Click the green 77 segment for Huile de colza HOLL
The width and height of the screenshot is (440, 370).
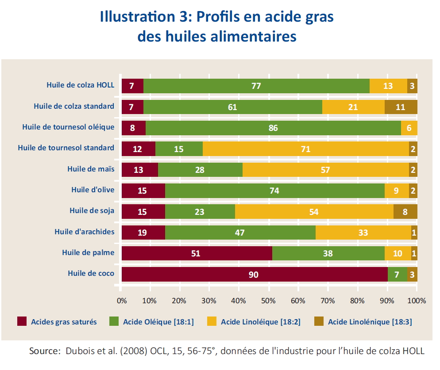coord(256,86)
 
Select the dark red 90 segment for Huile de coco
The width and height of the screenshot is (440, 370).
coord(254,275)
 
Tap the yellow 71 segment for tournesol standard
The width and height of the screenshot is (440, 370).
coord(305,149)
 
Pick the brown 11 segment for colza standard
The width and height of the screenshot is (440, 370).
coord(401,107)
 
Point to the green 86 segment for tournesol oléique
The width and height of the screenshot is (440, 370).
coord(273,128)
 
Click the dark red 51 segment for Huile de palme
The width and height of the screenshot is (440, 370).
coord(197,254)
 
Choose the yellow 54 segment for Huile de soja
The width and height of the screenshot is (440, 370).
coord(314,212)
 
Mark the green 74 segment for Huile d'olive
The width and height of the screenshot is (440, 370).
coord(274,191)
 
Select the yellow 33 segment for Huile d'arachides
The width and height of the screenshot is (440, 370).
coord(363,233)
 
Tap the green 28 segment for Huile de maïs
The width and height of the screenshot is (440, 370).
coord(200,170)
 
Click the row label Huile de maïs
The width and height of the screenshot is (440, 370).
coord(91,169)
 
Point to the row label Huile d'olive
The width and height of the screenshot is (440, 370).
coord(93,190)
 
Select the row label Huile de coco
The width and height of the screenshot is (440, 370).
coord(91,273)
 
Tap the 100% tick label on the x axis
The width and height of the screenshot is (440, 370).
coord(417,301)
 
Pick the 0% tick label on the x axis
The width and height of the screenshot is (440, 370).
coord(122,301)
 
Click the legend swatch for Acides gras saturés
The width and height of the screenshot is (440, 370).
coord(22,321)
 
